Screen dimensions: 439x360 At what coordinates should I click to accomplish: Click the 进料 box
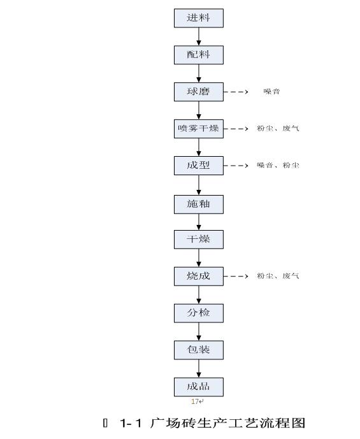pyautogui.click(x=199, y=18)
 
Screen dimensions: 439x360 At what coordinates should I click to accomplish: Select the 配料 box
pyautogui.click(x=199, y=55)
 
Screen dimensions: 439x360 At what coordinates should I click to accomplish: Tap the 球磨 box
pyautogui.click(x=199, y=92)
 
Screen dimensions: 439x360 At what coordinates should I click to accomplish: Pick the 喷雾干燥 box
pyautogui.click(x=199, y=129)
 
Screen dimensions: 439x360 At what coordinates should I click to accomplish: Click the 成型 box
pyautogui.click(x=199, y=166)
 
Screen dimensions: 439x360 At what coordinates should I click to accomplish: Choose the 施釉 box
pyautogui.click(x=199, y=204)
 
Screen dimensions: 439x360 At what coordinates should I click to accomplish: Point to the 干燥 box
pyautogui.click(x=199, y=240)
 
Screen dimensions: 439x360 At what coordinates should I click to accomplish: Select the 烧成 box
pyautogui.click(x=199, y=276)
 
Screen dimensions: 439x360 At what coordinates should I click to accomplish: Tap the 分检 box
pyautogui.click(x=199, y=313)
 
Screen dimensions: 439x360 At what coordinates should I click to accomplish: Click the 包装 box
pyautogui.click(x=199, y=350)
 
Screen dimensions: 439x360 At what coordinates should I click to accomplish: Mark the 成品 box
pyautogui.click(x=199, y=386)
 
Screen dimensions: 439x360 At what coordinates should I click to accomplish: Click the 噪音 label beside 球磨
pyautogui.click(x=271, y=92)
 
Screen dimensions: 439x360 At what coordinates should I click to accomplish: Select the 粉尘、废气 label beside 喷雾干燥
pyautogui.click(x=278, y=129)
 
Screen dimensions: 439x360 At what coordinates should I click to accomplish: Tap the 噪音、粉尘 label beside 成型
pyautogui.click(x=278, y=166)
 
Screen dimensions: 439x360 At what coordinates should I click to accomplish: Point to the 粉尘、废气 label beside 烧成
pyautogui.click(x=278, y=276)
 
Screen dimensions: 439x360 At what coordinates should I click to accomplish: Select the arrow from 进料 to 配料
pyautogui.click(x=199, y=36)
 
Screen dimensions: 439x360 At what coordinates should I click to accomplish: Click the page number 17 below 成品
pyautogui.click(x=196, y=401)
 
